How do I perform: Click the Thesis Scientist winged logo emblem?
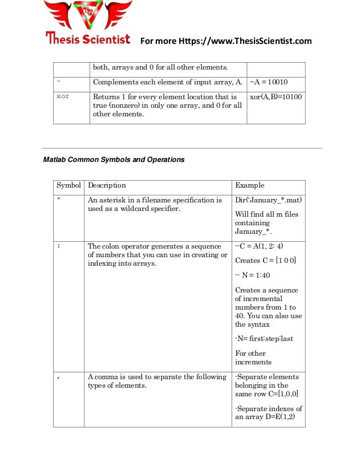tap(88, 15)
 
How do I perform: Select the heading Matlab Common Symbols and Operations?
tap(114, 160)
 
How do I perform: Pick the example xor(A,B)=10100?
tap(276, 97)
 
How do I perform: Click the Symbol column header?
tap(68, 186)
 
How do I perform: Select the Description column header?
tap(107, 186)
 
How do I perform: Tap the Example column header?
tap(250, 186)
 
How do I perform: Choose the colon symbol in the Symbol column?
tap(59, 246)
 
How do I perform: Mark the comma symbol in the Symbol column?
tap(59, 377)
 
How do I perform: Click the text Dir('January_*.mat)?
tap(268, 200)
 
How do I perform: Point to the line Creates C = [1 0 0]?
tap(265, 261)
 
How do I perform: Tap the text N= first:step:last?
tap(264, 339)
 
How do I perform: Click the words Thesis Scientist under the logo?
tap(88, 39)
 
